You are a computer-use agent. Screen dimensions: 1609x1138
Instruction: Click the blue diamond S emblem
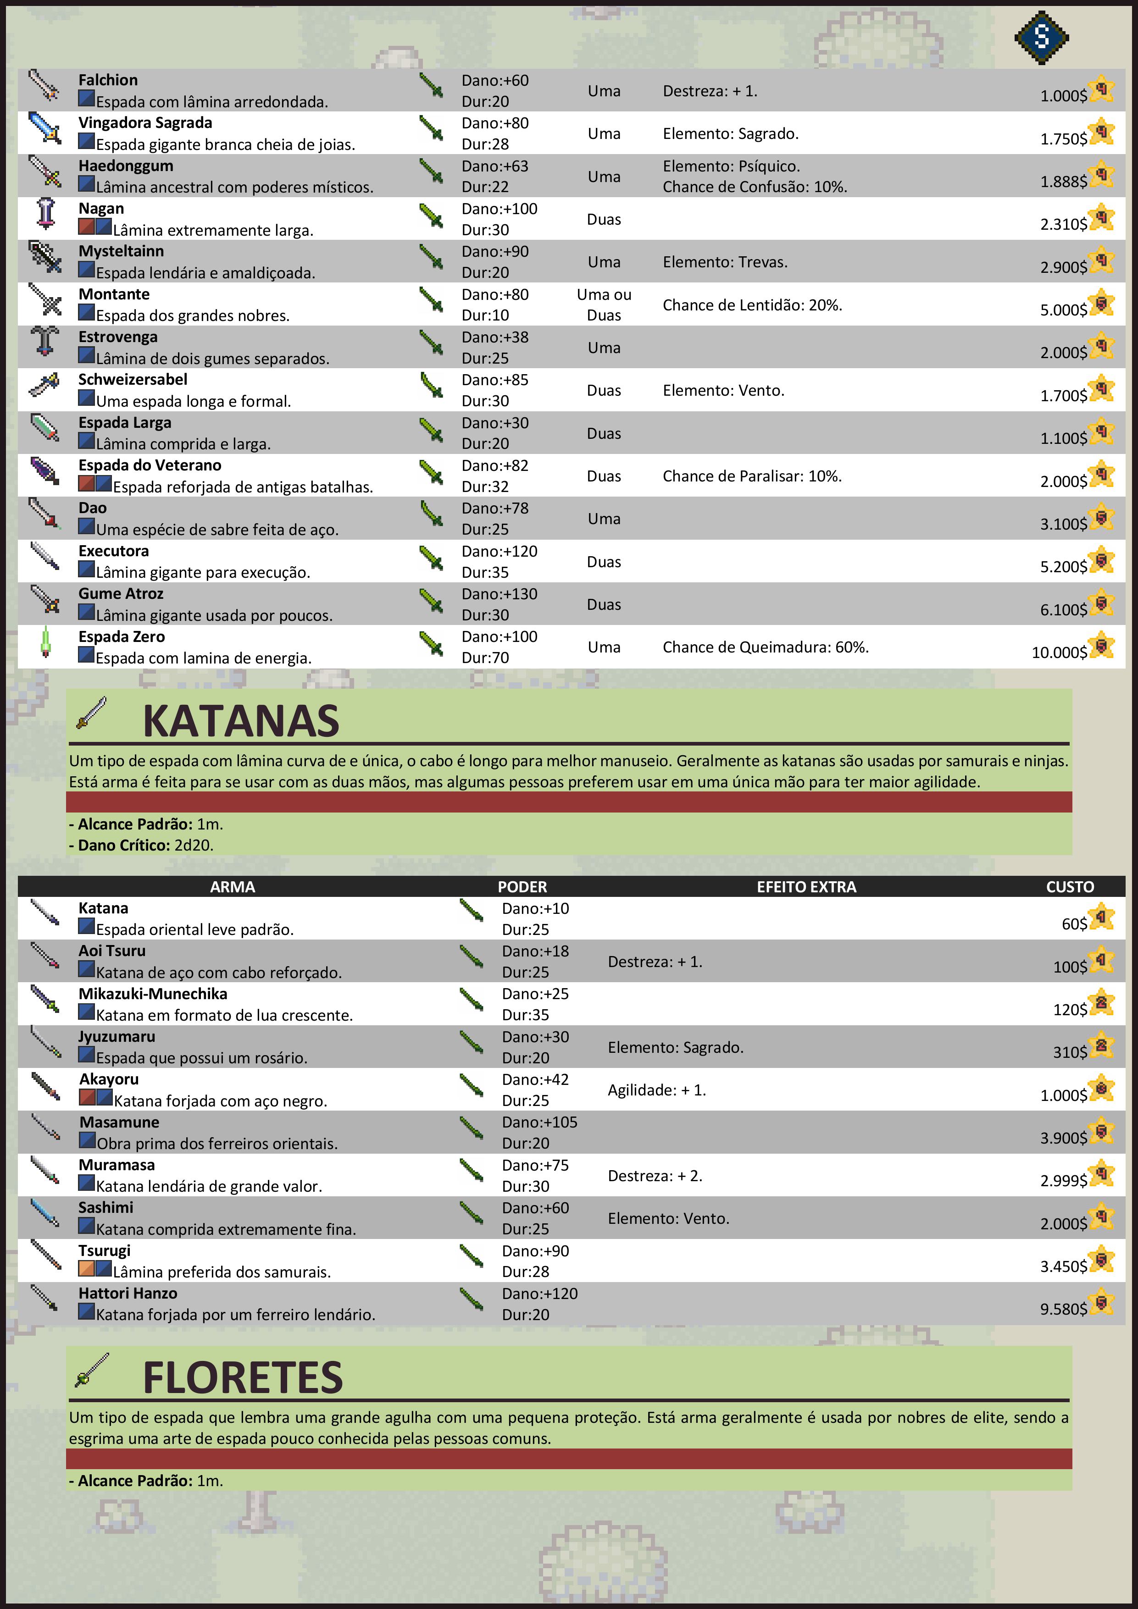(x=1041, y=37)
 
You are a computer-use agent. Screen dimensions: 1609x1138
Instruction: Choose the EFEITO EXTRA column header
(x=806, y=886)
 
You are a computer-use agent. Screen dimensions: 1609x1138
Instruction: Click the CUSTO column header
(x=1069, y=886)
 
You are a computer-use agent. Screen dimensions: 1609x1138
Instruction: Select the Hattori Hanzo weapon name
(x=128, y=1293)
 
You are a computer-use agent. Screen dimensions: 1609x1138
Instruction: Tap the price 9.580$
(x=1063, y=1309)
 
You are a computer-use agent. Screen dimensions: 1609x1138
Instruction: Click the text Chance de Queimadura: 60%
(x=766, y=647)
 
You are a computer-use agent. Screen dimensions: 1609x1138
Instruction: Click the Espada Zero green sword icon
(x=45, y=642)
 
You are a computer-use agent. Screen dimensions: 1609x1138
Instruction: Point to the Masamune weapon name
(x=119, y=1122)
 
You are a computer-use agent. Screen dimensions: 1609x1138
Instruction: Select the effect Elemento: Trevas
(x=725, y=262)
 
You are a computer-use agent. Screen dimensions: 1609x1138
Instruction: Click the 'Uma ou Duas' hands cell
(x=604, y=305)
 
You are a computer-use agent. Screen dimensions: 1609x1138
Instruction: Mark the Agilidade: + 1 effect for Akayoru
(x=656, y=1090)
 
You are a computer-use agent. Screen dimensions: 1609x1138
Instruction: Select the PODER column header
(x=522, y=886)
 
